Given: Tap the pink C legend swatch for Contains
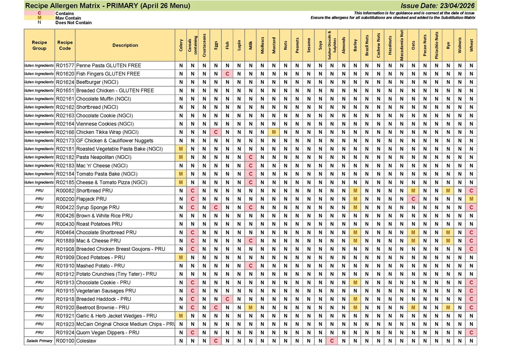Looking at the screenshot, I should click(39, 13).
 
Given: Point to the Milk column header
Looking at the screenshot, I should click(251, 45).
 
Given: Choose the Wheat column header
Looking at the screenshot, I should click(471, 45).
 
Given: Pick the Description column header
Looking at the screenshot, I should click(125, 45).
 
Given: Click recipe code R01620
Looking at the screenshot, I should click(65, 74).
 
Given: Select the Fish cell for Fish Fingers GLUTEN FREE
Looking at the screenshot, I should click(227, 74).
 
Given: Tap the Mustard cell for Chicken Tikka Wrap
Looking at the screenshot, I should click(274, 132).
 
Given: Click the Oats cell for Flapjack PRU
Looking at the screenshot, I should click(414, 199).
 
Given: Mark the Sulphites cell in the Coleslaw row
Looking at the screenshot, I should click(332, 341).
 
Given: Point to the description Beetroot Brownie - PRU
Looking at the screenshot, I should click(103, 307).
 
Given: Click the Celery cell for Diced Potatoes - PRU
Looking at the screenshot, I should click(181, 257).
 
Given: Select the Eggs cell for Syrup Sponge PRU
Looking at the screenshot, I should click(216, 207).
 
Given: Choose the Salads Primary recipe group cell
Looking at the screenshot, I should click(39, 341).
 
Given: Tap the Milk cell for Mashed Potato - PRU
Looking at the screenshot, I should click(251, 266).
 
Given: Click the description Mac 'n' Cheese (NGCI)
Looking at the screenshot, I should click(102, 166).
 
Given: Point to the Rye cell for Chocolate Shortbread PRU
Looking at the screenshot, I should click(448, 232).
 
